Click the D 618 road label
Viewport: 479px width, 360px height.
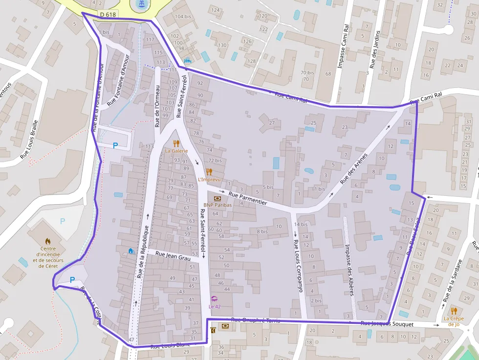(108, 15)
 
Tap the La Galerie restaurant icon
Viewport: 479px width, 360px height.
(176, 144)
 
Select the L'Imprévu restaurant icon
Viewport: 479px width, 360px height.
(209, 171)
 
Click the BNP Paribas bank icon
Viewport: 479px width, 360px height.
(218, 198)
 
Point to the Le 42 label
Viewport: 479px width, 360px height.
(215, 306)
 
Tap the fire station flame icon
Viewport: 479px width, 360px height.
(48, 241)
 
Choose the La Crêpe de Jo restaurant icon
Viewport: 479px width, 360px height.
(454, 311)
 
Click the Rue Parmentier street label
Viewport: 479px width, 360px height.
(247, 198)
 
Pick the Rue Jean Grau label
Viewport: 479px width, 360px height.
(173, 255)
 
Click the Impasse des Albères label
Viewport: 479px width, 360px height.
(349, 270)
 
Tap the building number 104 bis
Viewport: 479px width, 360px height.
(183, 16)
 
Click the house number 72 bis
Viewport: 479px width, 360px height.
(215, 160)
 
